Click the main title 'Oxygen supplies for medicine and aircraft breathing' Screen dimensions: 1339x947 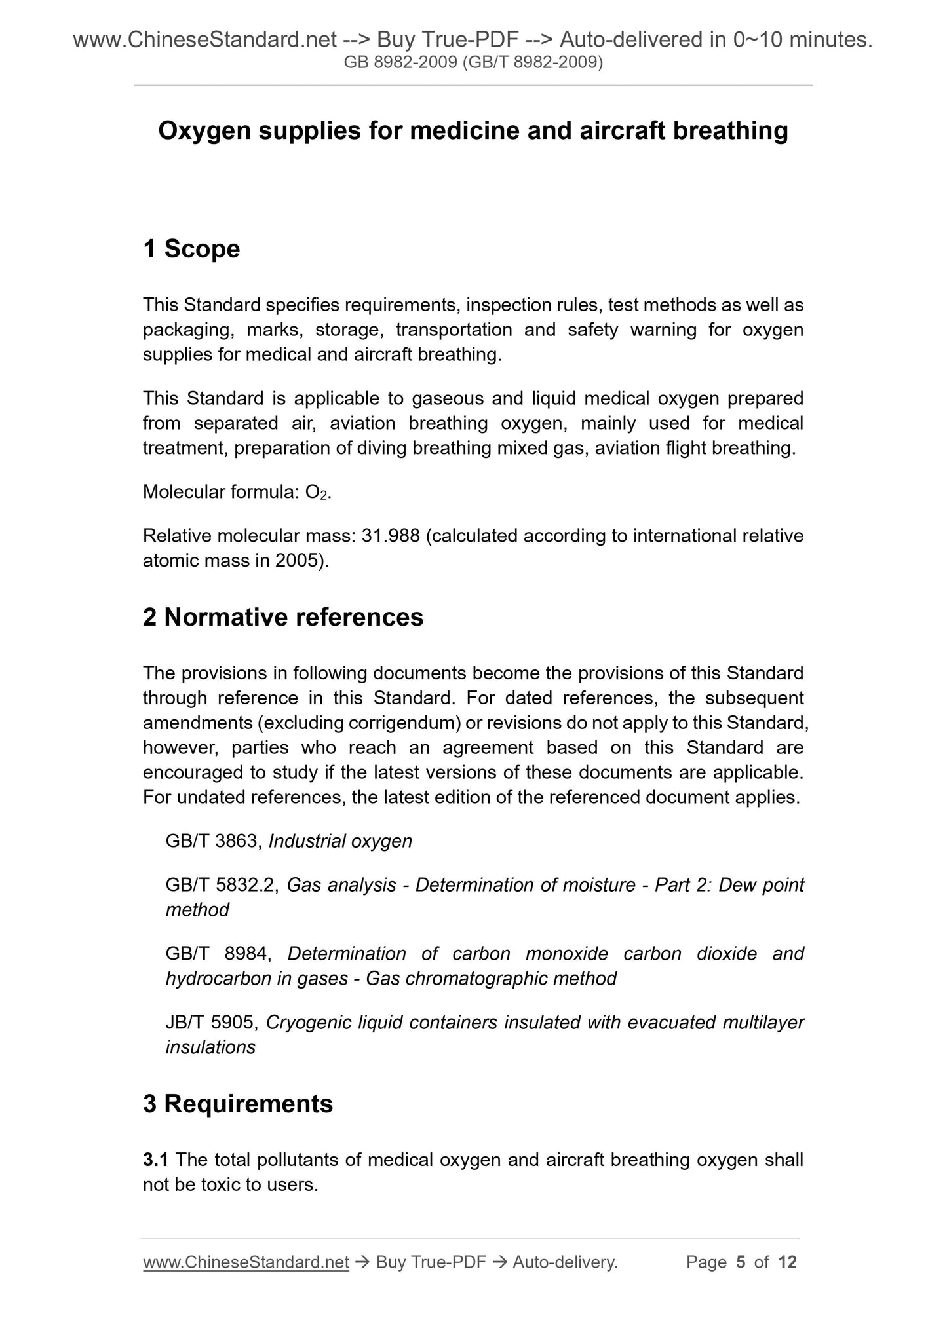pos(473,131)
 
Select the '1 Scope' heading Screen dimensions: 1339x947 pos(191,249)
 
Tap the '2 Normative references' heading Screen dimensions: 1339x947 pos(283,617)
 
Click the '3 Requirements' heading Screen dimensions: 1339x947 pos(238,1104)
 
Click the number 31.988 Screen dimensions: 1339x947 pos(391,536)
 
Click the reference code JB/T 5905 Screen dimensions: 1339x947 pos(212,1022)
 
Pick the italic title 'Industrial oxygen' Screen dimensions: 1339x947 pos(340,841)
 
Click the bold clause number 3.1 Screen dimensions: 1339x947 pos(156,1160)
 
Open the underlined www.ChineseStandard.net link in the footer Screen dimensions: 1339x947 pos(246,1262)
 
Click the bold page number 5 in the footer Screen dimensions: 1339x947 pos(741,1262)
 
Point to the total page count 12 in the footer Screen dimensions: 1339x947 pos(787,1262)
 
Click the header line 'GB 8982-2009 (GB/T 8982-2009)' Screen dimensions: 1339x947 pos(473,63)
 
